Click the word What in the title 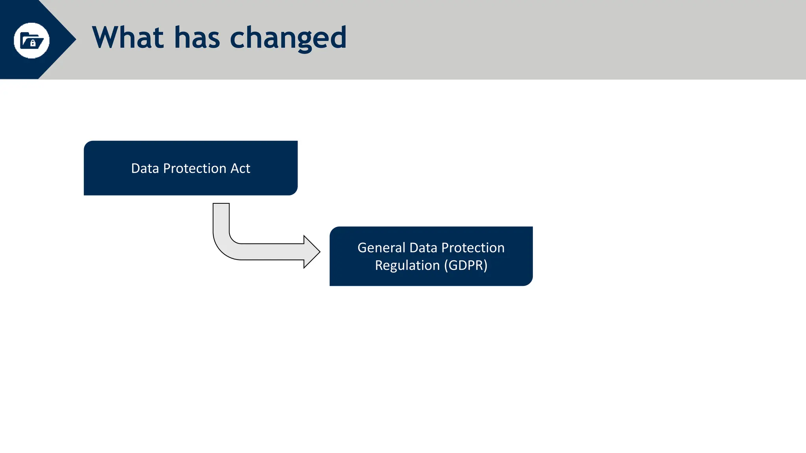[128, 38]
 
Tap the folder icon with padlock [31, 41]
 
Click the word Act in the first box [240, 168]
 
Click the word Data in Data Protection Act [145, 168]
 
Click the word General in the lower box [381, 248]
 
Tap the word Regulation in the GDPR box [407, 265]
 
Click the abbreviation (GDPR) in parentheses [466, 265]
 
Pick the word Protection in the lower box [473, 248]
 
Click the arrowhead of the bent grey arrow [312, 252]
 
